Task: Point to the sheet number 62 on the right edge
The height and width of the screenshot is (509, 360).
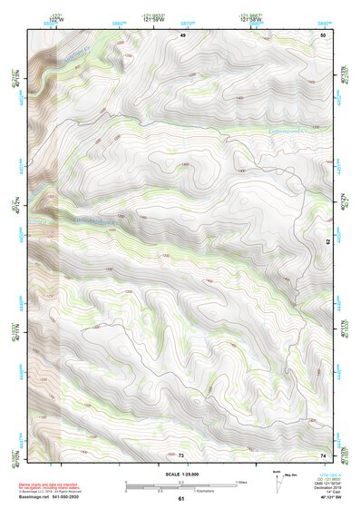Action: point(328,243)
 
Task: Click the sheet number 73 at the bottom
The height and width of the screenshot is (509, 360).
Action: point(181,455)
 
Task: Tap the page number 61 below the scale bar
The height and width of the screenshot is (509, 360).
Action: point(181,498)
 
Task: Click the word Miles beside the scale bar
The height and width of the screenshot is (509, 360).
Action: point(239,482)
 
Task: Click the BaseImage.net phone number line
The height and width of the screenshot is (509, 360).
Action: point(51,498)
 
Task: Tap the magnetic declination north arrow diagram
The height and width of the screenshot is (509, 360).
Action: point(277,481)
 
